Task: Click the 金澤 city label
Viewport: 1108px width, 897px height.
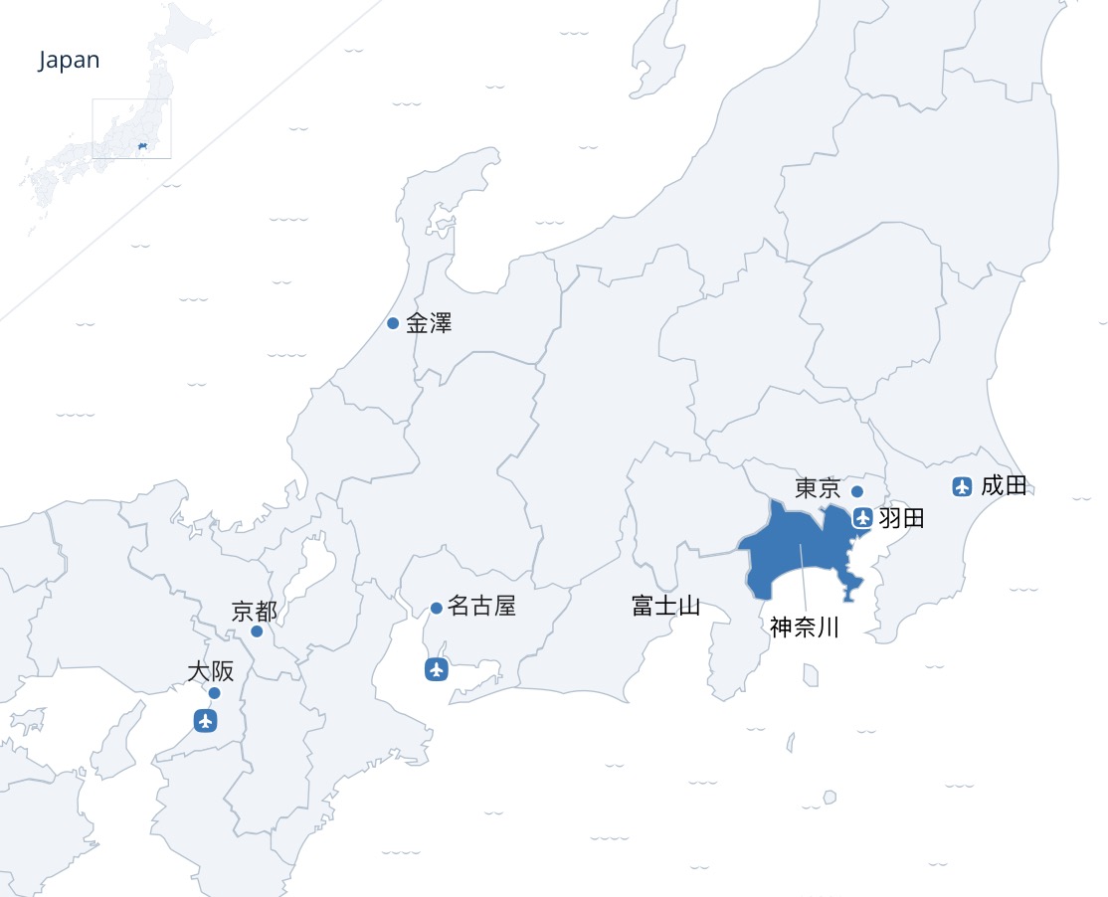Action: click(429, 323)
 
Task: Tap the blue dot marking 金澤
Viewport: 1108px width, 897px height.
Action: click(393, 323)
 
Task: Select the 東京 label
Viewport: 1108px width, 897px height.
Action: click(818, 488)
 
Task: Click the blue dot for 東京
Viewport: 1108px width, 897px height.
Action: click(857, 491)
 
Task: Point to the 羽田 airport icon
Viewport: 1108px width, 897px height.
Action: click(862, 518)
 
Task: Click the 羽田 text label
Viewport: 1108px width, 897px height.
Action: click(902, 518)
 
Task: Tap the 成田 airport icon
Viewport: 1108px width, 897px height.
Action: click(962, 486)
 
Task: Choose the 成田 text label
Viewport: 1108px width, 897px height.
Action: click(1004, 486)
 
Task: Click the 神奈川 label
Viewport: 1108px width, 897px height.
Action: click(805, 628)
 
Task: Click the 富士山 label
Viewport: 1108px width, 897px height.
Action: click(665, 606)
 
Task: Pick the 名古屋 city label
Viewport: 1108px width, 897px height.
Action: click(482, 607)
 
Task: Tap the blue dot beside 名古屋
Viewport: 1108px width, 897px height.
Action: click(437, 609)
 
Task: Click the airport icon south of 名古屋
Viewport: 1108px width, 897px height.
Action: click(435, 669)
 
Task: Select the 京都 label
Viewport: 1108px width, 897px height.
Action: click(254, 611)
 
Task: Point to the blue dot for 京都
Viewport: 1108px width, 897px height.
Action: click(257, 631)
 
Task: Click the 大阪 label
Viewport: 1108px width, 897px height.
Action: click(211, 671)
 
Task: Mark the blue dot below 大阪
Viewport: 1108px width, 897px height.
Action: click(214, 693)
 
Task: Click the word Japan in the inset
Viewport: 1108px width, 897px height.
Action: click(70, 60)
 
